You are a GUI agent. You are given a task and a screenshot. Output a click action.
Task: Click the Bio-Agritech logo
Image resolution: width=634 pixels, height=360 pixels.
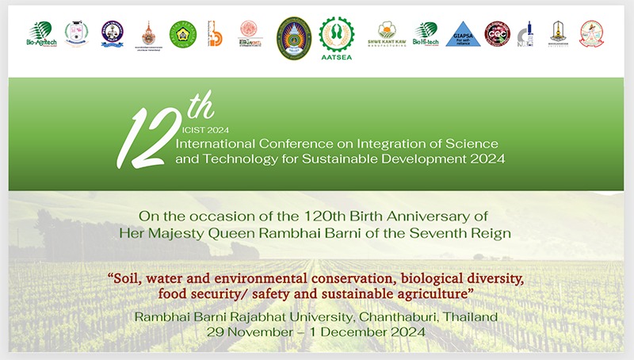pos(39,34)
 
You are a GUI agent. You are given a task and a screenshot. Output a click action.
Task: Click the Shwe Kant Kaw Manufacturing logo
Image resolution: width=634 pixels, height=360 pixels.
pos(388,34)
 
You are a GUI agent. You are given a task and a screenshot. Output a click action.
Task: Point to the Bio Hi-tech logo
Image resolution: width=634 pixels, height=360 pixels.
pos(426,34)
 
